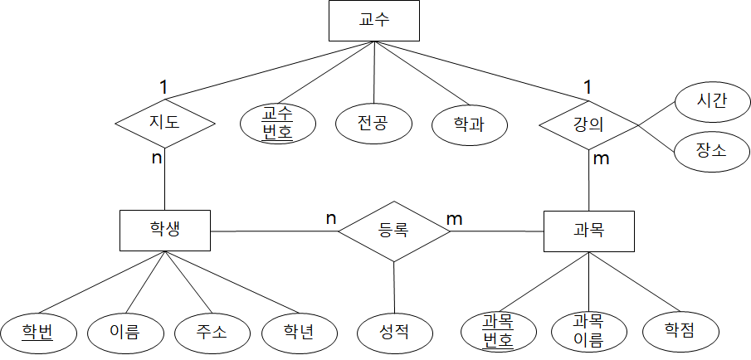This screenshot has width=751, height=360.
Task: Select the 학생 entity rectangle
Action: coord(164,231)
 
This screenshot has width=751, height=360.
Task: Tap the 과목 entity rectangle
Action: coord(588,231)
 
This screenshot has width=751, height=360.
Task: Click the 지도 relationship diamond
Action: coord(164,124)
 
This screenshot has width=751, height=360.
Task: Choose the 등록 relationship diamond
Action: coord(393,231)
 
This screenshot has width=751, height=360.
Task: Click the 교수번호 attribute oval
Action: coord(277,124)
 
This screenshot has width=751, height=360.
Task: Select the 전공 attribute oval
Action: coord(374,124)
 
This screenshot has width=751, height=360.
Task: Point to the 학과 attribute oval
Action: coord(470,124)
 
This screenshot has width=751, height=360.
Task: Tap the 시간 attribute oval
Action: coord(712,101)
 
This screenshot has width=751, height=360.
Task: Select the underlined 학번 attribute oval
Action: coord(38,333)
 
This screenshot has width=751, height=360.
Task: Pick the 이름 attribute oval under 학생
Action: coord(124,333)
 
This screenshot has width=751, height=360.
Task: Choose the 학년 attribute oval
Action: coord(300,333)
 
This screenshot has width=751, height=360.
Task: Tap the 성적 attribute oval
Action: coord(395,333)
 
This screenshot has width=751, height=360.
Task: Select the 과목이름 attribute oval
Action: coord(588,331)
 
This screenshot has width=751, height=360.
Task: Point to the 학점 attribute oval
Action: coord(680,332)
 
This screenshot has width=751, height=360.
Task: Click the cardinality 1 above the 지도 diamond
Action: coord(164,85)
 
